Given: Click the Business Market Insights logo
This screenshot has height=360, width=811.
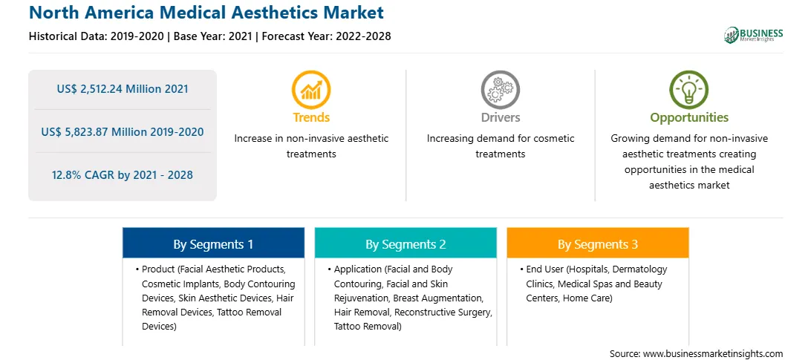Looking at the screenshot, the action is [x=754, y=35].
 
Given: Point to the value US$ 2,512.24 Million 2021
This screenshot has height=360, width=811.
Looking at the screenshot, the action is [x=123, y=89].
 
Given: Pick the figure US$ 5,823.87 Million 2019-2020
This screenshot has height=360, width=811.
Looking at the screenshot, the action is [x=123, y=132].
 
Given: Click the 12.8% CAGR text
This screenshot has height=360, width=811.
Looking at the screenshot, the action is [x=122, y=175].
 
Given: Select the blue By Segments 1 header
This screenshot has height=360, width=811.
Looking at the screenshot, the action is [x=214, y=243].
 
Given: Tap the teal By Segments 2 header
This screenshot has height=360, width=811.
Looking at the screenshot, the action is [x=405, y=243].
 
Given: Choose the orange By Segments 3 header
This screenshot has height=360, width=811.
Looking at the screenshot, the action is [x=598, y=243].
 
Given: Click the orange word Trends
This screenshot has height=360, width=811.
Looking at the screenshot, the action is [x=311, y=117].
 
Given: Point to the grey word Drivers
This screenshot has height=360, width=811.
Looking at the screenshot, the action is [x=501, y=117].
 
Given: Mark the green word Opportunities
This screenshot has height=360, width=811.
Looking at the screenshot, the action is [x=689, y=118].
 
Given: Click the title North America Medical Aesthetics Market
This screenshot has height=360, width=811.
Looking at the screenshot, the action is [x=206, y=13].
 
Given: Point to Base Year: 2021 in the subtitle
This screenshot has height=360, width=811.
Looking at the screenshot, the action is [x=212, y=36].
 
